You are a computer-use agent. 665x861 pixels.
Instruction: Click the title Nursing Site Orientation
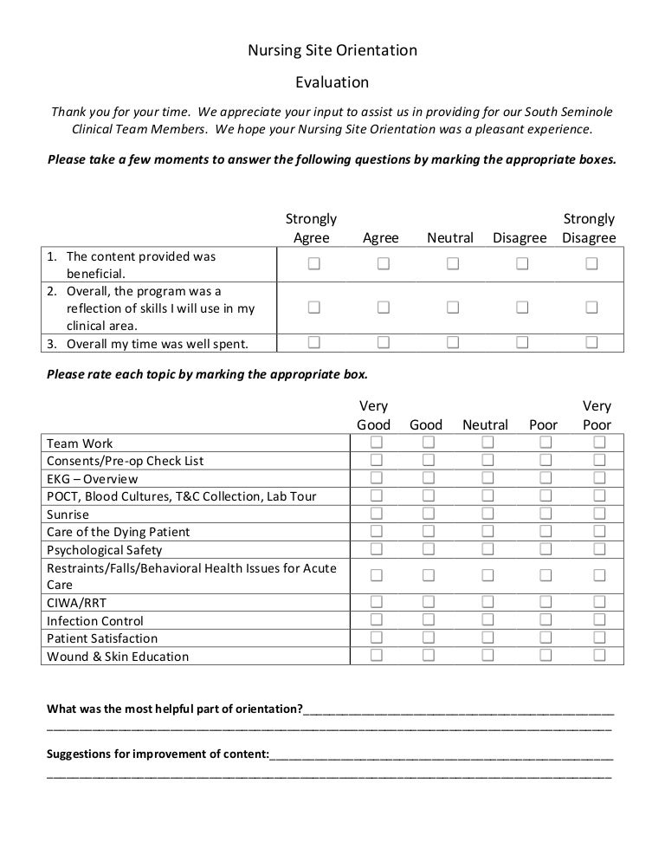point(332,50)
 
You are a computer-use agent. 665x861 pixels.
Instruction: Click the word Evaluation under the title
point(332,82)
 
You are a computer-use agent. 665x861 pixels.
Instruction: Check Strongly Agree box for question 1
point(313,263)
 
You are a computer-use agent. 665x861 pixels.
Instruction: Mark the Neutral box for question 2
point(452,307)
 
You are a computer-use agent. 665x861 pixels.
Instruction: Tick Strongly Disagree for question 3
point(591,342)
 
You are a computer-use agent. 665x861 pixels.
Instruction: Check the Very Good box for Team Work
point(377,443)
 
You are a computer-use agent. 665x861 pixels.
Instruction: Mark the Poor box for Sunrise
point(546,514)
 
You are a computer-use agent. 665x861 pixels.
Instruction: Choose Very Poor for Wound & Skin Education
point(598,655)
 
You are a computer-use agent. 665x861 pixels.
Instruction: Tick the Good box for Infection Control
point(428,619)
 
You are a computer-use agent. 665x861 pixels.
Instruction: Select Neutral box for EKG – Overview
point(487,478)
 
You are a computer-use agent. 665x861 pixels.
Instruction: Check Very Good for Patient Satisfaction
point(377,638)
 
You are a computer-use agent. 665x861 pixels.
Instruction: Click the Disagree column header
point(520,237)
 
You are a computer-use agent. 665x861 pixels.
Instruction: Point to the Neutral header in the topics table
point(485,424)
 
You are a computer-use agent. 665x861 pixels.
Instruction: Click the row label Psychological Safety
point(104,549)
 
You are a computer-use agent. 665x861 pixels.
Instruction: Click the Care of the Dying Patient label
point(118,532)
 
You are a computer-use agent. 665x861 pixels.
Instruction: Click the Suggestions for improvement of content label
point(158,753)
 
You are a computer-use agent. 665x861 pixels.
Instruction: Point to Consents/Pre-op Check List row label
point(125,461)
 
